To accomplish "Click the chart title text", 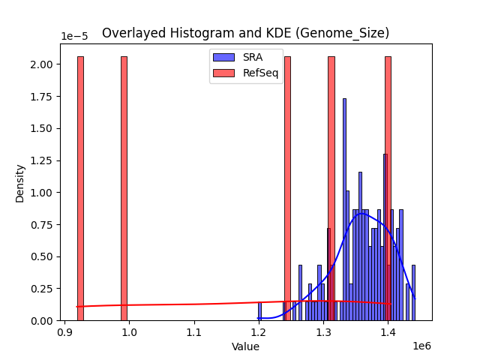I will click(245, 33).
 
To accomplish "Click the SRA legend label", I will click(252, 57).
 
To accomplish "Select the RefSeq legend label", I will click(260, 73).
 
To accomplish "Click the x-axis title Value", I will click(245, 346).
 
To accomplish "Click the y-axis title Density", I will click(20, 182).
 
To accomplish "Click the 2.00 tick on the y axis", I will click(42, 64).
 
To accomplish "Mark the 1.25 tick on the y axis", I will click(42, 160).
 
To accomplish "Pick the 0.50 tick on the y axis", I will click(42, 256).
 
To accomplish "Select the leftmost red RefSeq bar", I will click(80, 187).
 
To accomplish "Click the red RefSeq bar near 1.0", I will click(124, 187).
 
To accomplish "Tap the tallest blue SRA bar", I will click(344, 210).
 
